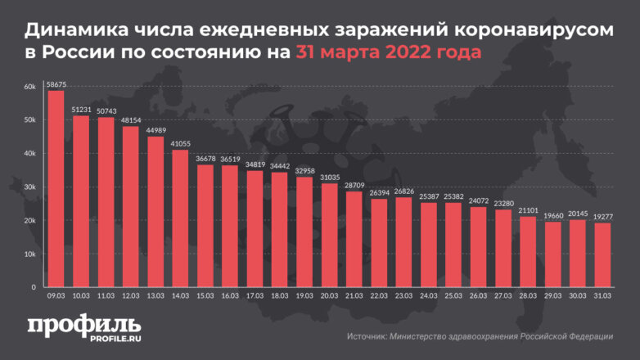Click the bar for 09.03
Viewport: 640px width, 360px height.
pos(56,189)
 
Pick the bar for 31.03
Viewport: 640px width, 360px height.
pos(603,255)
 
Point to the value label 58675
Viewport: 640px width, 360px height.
pos(56,83)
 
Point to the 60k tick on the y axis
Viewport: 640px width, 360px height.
pos(29,87)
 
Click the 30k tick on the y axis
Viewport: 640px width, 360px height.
pos(29,187)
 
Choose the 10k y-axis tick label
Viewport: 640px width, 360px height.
pos(29,254)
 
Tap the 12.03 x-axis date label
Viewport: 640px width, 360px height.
pos(130,296)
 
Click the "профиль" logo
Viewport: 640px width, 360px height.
pos(74,325)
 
